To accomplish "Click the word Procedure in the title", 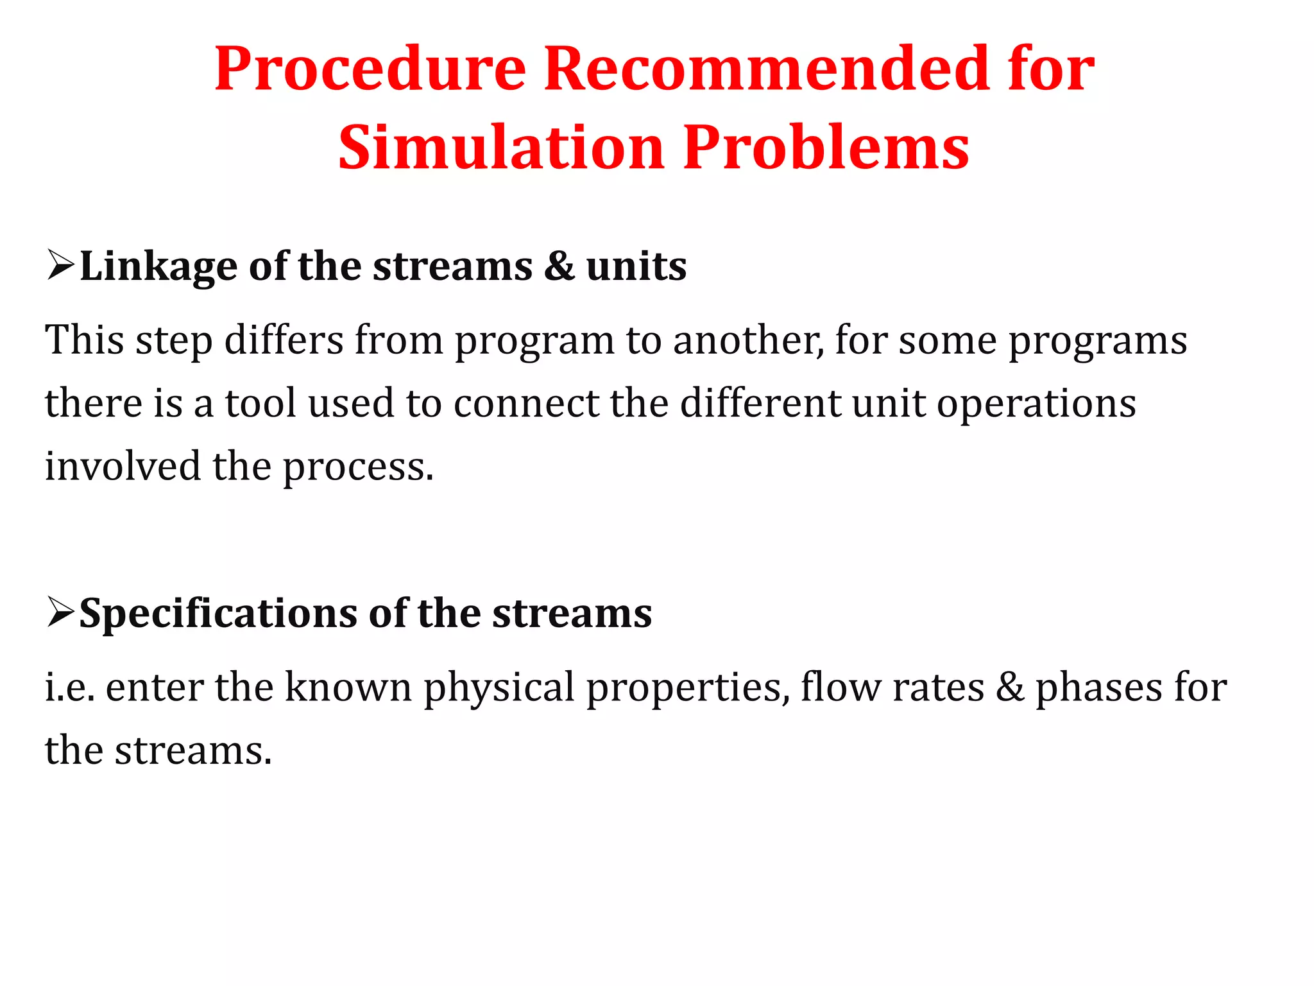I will pos(370,69).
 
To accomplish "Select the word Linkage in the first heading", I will pos(158,266).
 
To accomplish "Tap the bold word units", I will pos(636,266).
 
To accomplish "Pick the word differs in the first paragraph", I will pos(284,340).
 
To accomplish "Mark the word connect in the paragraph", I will pos(525,403).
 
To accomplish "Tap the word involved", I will pos(123,466).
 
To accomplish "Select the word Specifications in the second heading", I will pos(218,613).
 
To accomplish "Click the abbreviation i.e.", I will pos(69,687).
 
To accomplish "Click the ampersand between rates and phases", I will pos(1010,687).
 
